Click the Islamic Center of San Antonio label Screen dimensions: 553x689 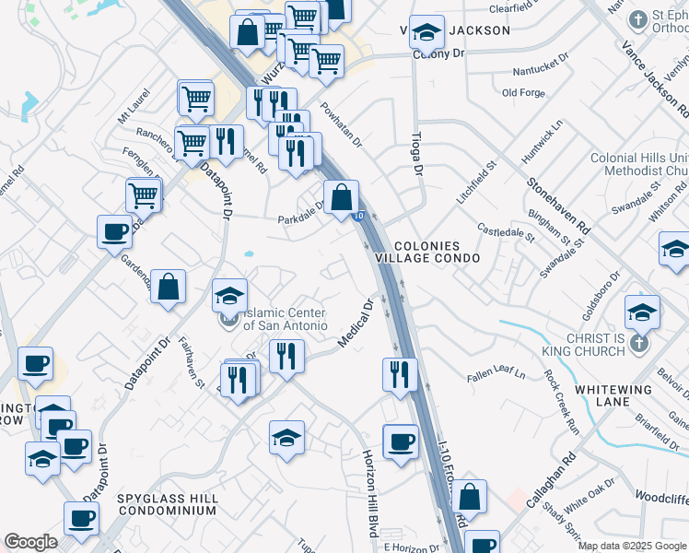(x=284, y=319)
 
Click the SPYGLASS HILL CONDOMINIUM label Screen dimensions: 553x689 (x=167, y=504)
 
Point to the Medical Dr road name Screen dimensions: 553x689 (x=355, y=323)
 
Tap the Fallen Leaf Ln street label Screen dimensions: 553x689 (x=495, y=374)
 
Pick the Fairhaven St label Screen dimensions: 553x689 (x=194, y=368)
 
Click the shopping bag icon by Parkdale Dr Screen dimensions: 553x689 (x=341, y=197)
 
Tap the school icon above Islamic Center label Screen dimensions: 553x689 (x=229, y=295)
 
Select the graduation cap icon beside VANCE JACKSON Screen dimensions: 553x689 (x=426, y=31)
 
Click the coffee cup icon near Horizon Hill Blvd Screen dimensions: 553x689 (x=401, y=441)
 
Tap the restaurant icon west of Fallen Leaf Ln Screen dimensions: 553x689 (x=400, y=374)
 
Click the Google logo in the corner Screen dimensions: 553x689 (x=31, y=542)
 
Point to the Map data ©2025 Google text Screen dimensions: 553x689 (x=631, y=546)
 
